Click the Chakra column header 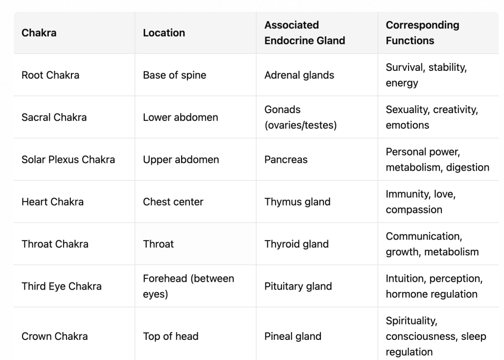click(39, 33)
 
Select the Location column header click(164, 33)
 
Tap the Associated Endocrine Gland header click(305, 33)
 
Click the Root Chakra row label click(50, 75)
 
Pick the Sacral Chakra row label click(54, 118)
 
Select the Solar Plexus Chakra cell click(68, 160)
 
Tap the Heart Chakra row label click(53, 202)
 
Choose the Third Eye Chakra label click(62, 286)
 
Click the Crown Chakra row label click(55, 336)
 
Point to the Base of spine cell click(174, 75)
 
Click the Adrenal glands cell click(299, 75)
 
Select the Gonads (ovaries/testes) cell click(300, 118)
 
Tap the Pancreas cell click(286, 160)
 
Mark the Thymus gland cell click(297, 202)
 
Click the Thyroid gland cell click(296, 244)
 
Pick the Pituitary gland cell click(298, 286)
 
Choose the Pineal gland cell click(293, 336)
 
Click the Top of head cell click(171, 336)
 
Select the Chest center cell click(173, 202)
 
